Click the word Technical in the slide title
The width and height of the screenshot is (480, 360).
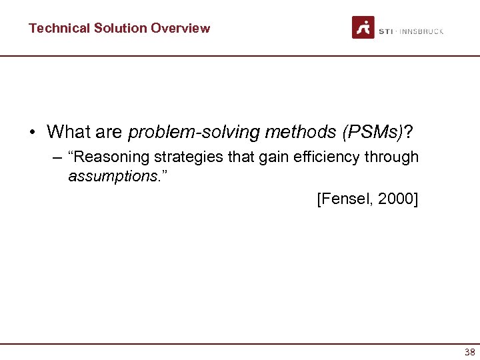click(x=59, y=28)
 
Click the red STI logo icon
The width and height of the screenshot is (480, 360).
click(x=363, y=27)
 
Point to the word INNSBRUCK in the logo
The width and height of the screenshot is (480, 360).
click(x=421, y=31)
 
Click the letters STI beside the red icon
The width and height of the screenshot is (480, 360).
click(x=385, y=31)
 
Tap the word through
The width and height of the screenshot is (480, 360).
click(x=396, y=158)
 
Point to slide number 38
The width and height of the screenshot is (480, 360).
click(x=469, y=351)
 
